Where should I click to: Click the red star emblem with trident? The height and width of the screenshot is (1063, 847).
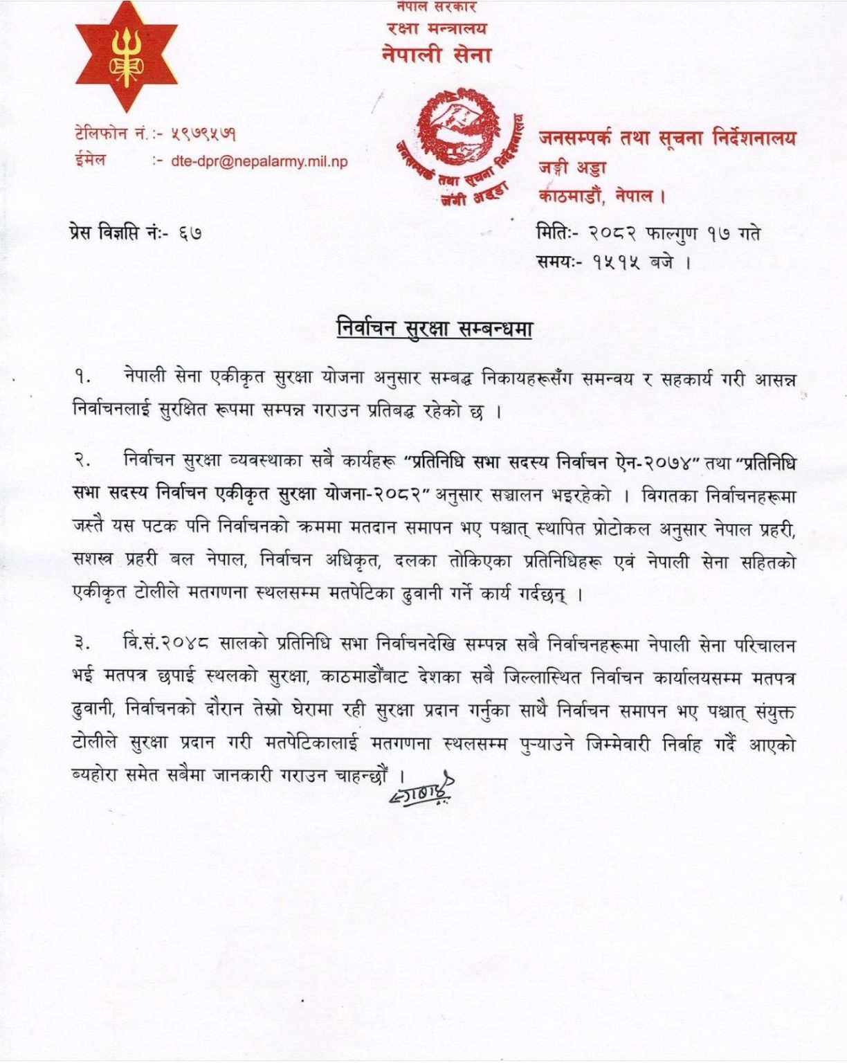tap(126, 60)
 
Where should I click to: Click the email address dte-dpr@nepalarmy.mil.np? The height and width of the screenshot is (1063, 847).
tap(259, 161)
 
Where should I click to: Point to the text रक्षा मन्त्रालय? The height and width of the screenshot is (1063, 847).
tap(437, 29)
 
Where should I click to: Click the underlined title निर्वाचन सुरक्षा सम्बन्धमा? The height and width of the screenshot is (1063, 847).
tap(434, 327)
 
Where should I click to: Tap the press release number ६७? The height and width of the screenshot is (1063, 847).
tap(189, 234)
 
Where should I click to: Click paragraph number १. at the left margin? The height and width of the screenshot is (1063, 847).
tap(84, 379)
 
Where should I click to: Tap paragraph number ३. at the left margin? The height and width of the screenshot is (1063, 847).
tap(84, 646)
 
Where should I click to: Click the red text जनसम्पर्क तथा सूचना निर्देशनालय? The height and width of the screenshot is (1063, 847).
tap(666, 138)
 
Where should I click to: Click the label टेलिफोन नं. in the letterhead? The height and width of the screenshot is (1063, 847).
tap(111, 133)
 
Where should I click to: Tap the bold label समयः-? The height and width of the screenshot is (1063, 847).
tap(561, 262)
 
